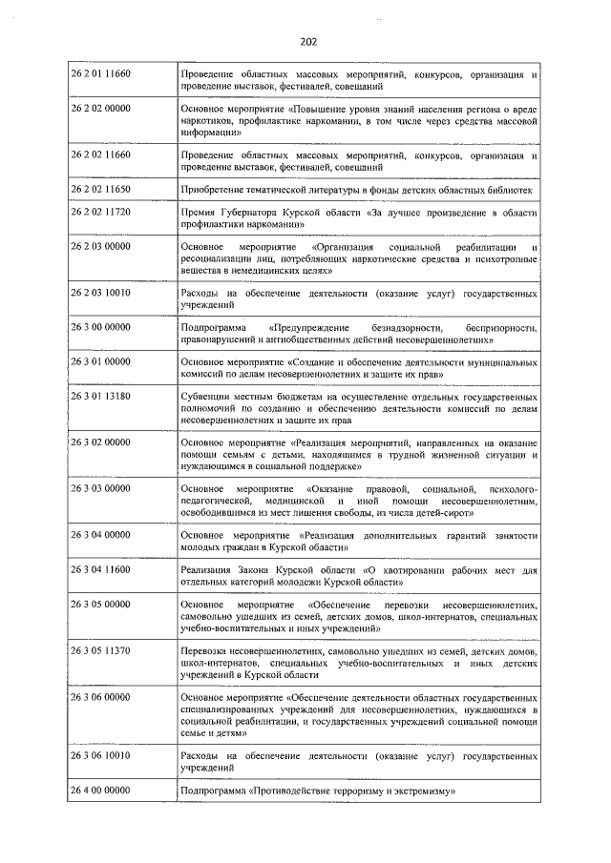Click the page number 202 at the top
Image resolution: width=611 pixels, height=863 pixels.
[307, 42]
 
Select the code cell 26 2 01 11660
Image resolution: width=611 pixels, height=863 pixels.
[101, 73]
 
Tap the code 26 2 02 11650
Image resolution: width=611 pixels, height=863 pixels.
[101, 190]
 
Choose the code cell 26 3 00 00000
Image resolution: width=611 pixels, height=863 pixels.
[101, 328]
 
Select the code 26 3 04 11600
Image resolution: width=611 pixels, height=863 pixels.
[101, 569]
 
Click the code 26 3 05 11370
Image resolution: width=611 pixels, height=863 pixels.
[101, 651]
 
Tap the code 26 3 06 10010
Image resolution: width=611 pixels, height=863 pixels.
[101, 755]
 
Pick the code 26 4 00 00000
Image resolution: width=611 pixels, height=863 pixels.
[101, 791]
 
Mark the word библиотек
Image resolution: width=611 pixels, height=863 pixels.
[509, 190]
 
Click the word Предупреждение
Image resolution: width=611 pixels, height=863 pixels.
[311, 328]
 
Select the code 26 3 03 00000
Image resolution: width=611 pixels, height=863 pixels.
[101, 488]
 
